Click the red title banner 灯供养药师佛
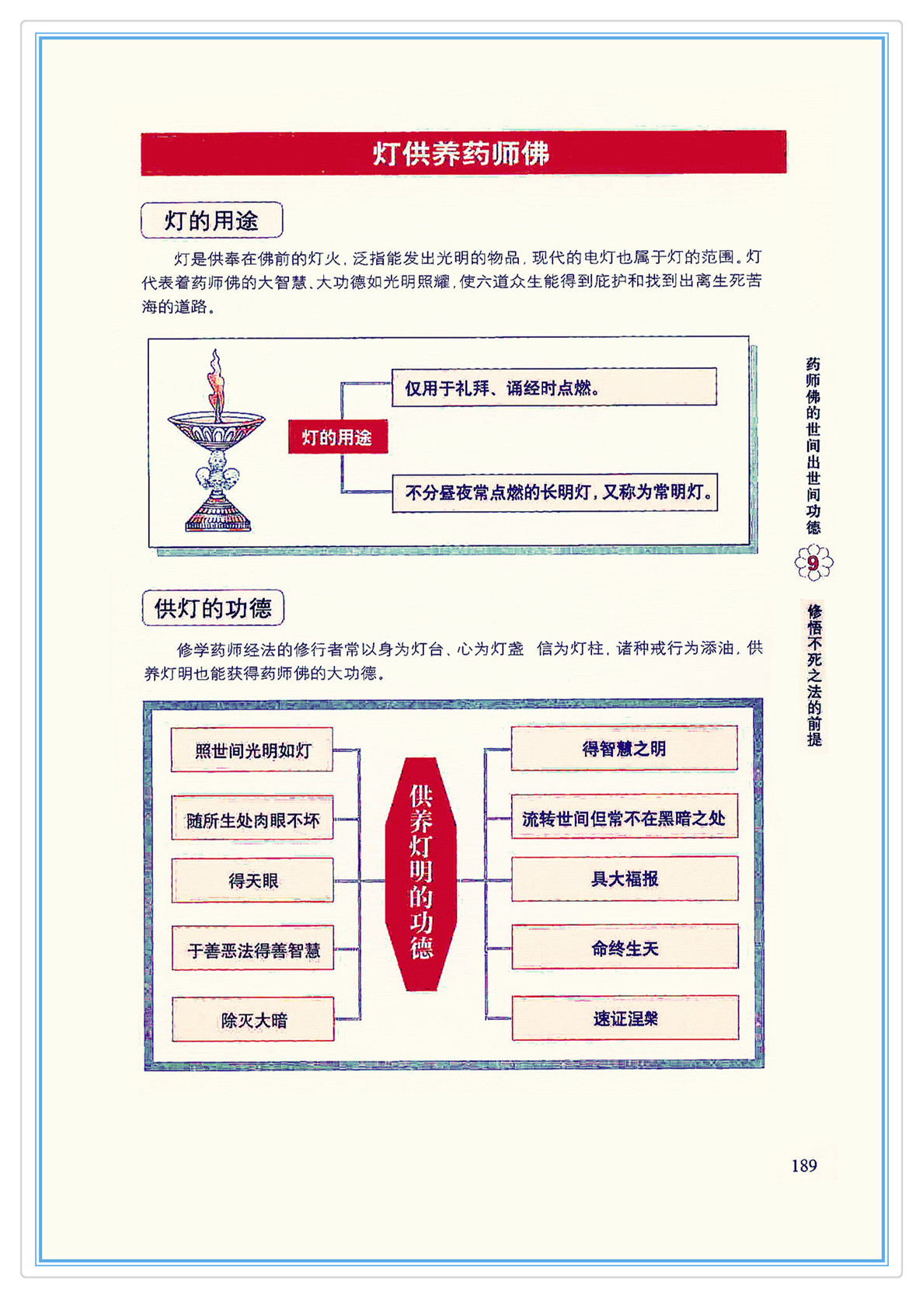[463, 153]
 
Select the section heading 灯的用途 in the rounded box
[211, 221]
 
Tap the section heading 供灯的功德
[213, 607]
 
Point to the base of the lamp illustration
[218, 517]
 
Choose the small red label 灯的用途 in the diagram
[337, 437]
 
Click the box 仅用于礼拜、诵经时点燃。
[553, 387]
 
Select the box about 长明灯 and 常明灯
[554, 492]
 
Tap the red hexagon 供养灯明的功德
[421, 873]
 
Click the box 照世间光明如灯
[252, 750]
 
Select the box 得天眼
[253, 880]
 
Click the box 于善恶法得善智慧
[253, 948]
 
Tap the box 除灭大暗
[253, 1019]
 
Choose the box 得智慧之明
[624, 748]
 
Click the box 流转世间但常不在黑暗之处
[624, 817]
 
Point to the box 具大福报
[624, 879]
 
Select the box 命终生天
[625, 947]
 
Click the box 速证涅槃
[625, 1018]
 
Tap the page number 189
[803, 1165]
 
